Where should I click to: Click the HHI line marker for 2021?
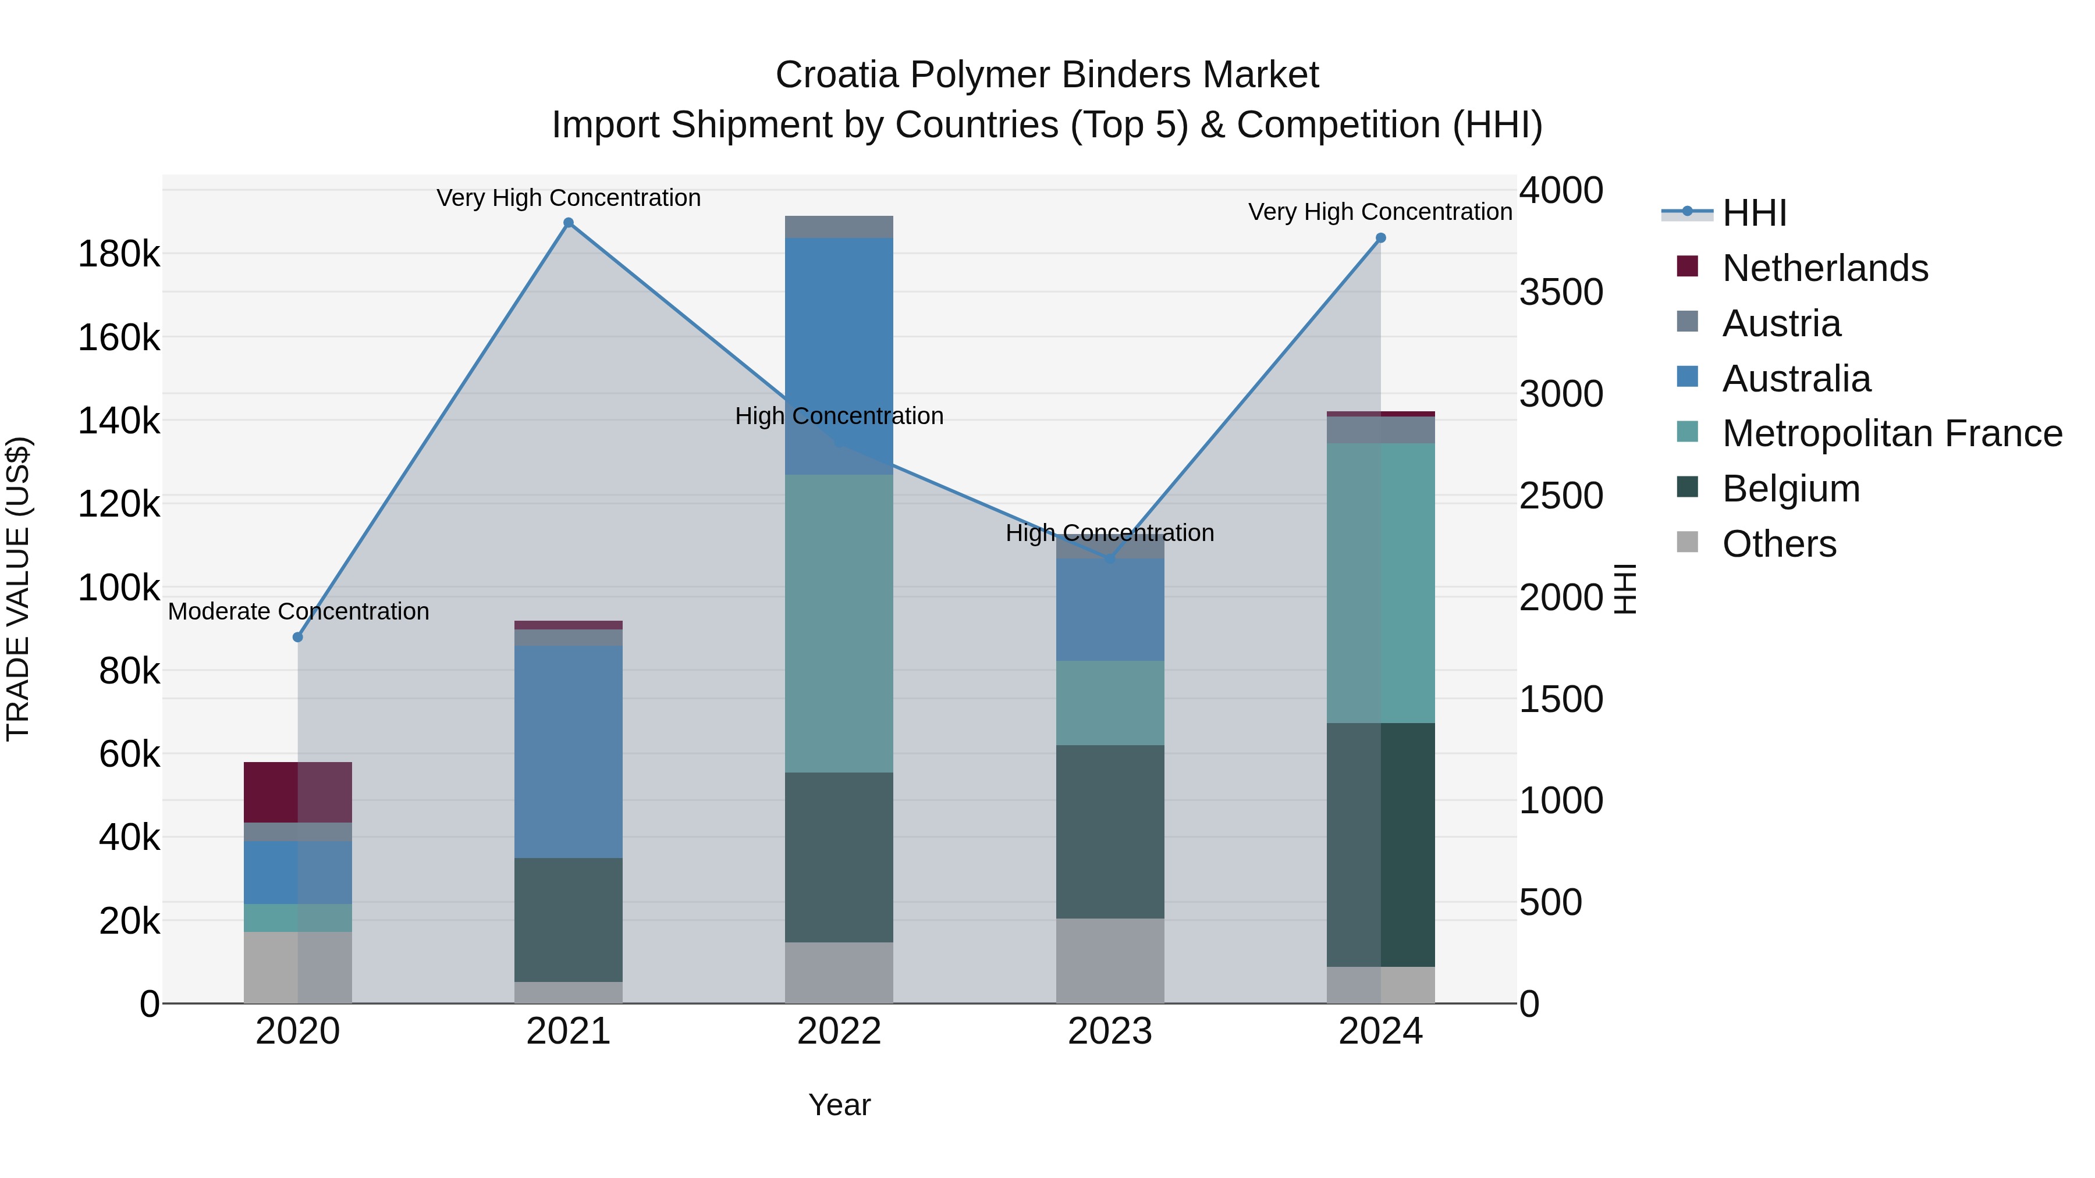(569, 223)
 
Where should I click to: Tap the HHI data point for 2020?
(297, 638)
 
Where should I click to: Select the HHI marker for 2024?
(1380, 238)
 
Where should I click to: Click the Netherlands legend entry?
(1824, 268)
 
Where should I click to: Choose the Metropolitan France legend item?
(1892, 433)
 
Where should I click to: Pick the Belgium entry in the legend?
(1790, 489)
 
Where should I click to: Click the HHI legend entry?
(1754, 213)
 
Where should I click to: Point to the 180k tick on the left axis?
(119, 254)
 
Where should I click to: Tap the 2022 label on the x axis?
(839, 1031)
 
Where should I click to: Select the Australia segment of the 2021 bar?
(569, 752)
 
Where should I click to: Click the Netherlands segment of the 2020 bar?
(297, 793)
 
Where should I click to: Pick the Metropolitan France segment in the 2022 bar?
(839, 624)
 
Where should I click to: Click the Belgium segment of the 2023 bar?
(1109, 832)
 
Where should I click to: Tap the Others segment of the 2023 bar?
(1109, 961)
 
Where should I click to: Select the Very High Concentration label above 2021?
(569, 198)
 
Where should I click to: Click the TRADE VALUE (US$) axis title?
(18, 589)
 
